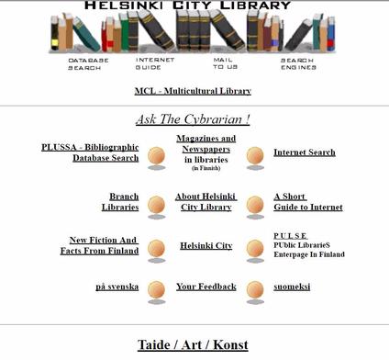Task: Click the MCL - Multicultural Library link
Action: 193,91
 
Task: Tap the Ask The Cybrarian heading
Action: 193,119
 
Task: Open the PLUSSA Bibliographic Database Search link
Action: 90,152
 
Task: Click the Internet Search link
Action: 304,152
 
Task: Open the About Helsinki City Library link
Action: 206,202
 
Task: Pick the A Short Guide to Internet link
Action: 307,202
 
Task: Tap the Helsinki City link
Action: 206,246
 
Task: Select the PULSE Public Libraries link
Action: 308,245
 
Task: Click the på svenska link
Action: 117,287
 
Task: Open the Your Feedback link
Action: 206,287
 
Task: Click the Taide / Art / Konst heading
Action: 193,345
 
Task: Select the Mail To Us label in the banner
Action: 226,63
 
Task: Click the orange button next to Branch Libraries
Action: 157,204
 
